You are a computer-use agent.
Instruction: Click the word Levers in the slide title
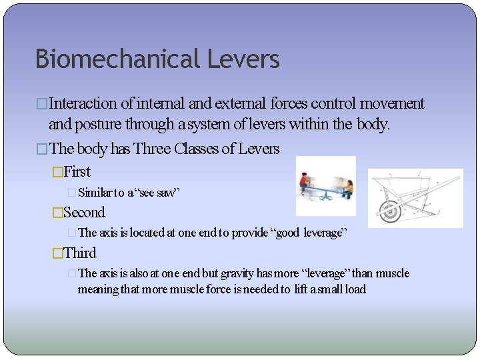coord(243,59)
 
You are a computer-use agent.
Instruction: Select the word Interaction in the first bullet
coord(83,103)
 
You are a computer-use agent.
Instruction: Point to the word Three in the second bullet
coord(152,149)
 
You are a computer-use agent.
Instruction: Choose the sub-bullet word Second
coord(84,213)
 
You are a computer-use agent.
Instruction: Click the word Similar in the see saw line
coord(95,193)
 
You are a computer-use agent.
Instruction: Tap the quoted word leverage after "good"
coord(324,233)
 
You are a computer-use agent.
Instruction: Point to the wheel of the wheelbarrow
coord(389,211)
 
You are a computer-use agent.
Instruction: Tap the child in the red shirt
coord(305,182)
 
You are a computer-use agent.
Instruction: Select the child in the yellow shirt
coord(347,187)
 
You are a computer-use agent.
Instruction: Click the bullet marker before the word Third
coord(57,253)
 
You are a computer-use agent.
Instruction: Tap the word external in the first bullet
coord(240,103)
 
